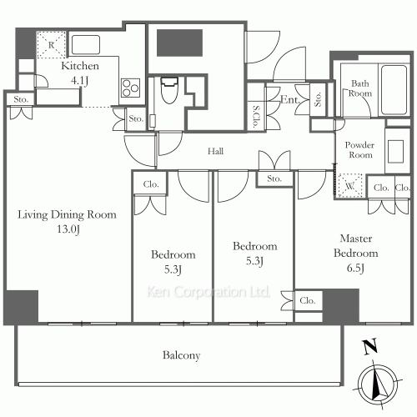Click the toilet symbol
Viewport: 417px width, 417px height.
(x=169, y=90)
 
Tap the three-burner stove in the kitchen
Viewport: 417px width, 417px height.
(x=130, y=88)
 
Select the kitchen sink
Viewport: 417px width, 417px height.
(x=86, y=44)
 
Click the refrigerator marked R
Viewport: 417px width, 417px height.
(x=52, y=45)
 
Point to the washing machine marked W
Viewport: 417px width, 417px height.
(x=349, y=186)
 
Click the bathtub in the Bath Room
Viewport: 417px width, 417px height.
(x=394, y=89)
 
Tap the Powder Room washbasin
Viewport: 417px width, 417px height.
(x=395, y=152)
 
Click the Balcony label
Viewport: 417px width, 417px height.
(x=181, y=355)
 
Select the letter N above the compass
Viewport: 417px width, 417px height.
(x=370, y=347)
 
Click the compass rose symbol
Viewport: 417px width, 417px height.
(x=378, y=382)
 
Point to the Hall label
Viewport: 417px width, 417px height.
(x=215, y=151)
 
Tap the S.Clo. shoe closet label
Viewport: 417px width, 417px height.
(x=256, y=117)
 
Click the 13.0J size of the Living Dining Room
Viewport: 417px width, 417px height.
(x=68, y=229)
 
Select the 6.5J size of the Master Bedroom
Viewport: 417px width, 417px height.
(x=355, y=269)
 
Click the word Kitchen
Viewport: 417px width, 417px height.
(x=80, y=66)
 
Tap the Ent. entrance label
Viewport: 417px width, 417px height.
(x=290, y=99)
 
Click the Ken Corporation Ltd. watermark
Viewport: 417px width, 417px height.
(x=208, y=292)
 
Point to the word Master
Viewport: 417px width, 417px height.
(x=356, y=239)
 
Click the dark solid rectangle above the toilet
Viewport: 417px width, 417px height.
(x=179, y=43)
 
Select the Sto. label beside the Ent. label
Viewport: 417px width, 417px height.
(x=318, y=99)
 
